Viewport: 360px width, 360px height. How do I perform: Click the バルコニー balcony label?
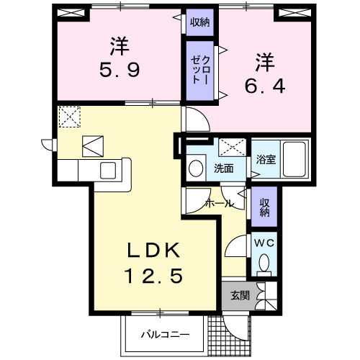coord(164,335)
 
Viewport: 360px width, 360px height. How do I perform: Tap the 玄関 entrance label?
coord(240,295)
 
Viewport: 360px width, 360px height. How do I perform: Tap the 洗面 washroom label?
coord(223,169)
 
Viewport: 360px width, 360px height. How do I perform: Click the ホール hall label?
coord(219,204)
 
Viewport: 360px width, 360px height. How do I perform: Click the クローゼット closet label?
coord(200,71)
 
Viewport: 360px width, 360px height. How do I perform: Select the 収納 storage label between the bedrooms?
coord(199,22)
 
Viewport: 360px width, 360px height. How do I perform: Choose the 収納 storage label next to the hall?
coord(264,206)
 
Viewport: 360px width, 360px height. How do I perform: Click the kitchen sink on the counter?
coord(108,171)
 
